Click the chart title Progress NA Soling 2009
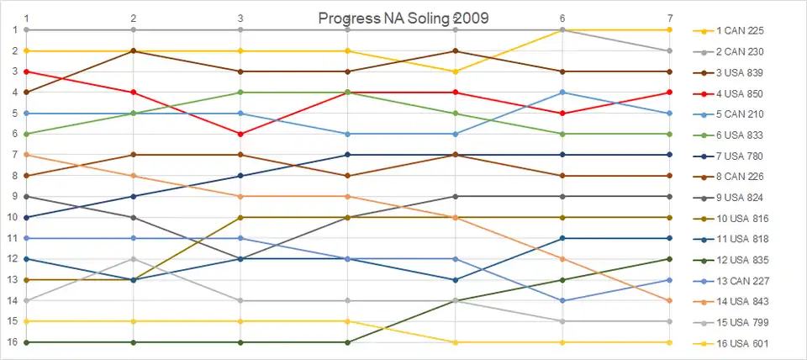pyautogui.click(x=403, y=18)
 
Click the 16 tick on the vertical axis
pyautogui.click(x=14, y=342)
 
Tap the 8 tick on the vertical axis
pyautogui.click(x=14, y=176)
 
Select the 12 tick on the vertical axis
pyautogui.click(x=14, y=259)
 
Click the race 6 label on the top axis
pyautogui.click(x=562, y=18)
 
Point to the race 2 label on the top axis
pyautogui.click(x=134, y=18)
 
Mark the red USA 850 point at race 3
pyautogui.click(x=241, y=134)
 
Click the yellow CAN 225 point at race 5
pyautogui.click(x=456, y=71)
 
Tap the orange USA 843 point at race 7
pyautogui.click(x=669, y=300)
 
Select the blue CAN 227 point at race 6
pyautogui.click(x=562, y=300)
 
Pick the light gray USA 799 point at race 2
pyautogui.click(x=134, y=259)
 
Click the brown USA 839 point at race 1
pyautogui.click(x=27, y=93)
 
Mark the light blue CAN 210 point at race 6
pyautogui.click(x=562, y=93)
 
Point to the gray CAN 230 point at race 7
pyautogui.click(x=669, y=50)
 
